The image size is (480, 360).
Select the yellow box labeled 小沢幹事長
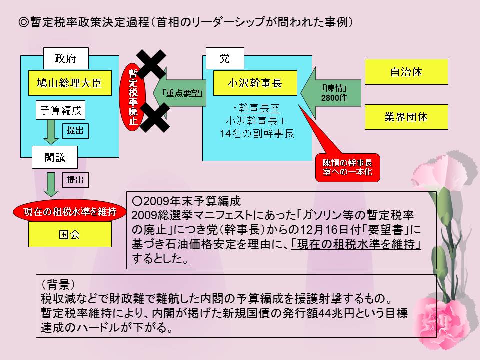[x=255, y=83]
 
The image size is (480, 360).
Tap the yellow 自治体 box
[x=406, y=72]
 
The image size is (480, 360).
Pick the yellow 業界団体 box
[x=406, y=117]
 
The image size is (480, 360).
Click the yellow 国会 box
[x=69, y=234]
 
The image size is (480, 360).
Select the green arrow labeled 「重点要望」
[x=183, y=92]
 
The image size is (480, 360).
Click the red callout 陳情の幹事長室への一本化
[x=347, y=167]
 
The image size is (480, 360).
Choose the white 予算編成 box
[x=59, y=110]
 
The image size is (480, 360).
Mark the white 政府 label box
[x=66, y=58]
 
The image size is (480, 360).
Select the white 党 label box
[x=225, y=58]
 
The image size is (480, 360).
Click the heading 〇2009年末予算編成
[x=187, y=201]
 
